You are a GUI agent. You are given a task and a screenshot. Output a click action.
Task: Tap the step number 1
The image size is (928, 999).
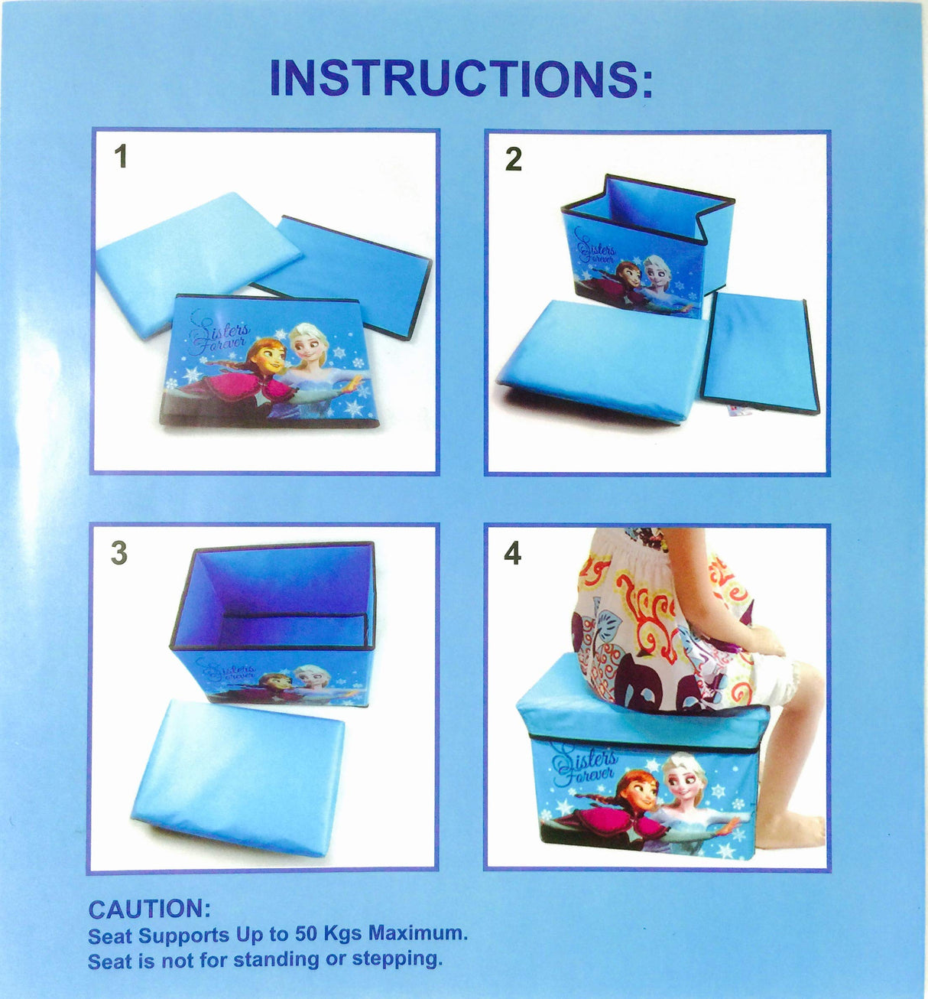tap(120, 157)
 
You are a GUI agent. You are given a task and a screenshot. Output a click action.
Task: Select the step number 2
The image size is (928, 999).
tap(514, 159)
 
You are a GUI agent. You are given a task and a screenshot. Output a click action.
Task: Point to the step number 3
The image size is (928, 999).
tap(118, 553)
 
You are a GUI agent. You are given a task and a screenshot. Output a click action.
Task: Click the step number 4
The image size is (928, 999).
tap(512, 553)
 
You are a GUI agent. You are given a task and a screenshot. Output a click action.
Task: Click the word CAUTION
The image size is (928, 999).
tap(148, 910)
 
